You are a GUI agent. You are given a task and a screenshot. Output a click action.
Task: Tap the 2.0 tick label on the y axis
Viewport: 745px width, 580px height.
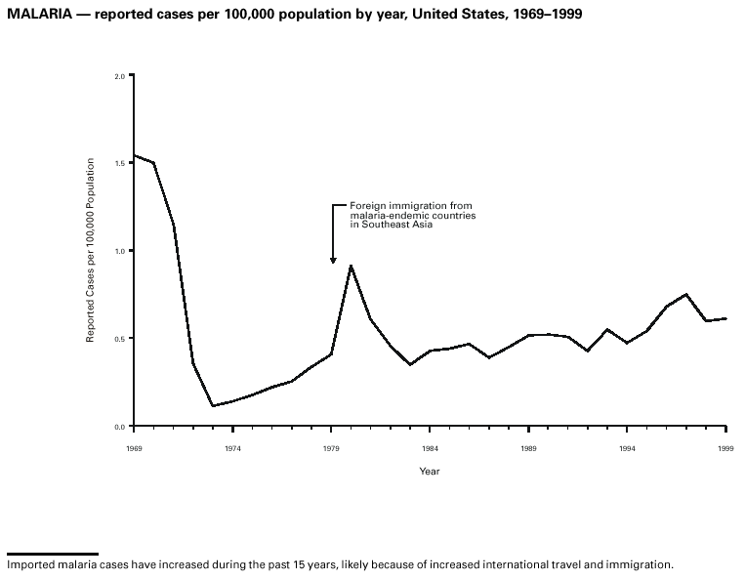pyautogui.click(x=119, y=75)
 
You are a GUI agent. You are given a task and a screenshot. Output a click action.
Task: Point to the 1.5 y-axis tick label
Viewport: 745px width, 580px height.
pyautogui.click(x=119, y=163)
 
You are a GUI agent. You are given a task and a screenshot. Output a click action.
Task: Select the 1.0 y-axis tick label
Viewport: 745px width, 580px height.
pyautogui.click(x=119, y=251)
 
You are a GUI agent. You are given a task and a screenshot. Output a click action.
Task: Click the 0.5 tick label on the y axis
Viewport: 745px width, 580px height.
pyautogui.click(x=119, y=339)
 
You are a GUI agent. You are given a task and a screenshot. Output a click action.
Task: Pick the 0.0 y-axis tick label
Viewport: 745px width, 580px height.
pyautogui.click(x=119, y=427)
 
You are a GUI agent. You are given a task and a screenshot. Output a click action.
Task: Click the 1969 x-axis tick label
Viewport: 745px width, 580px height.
pyautogui.click(x=134, y=447)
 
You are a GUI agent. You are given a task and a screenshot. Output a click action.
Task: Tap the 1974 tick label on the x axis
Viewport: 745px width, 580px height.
pyautogui.click(x=232, y=447)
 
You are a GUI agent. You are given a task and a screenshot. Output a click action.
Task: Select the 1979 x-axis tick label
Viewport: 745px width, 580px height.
pyautogui.click(x=331, y=447)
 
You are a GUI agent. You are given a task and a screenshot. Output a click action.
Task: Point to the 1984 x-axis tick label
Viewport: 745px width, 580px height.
pyautogui.click(x=430, y=447)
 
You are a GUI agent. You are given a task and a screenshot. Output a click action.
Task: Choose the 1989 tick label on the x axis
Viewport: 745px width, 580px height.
pyautogui.click(x=528, y=447)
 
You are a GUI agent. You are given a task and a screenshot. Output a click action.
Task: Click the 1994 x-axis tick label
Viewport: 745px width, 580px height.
pyautogui.click(x=627, y=447)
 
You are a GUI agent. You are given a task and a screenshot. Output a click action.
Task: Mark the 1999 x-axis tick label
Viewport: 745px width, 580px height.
pyautogui.click(x=725, y=447)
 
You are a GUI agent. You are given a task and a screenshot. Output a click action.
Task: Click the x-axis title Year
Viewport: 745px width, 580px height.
pyautogui.click(x=430, y=472)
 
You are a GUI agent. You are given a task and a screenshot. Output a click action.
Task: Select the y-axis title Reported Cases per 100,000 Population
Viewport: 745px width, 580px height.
pyautogui.click(x=91, y=250)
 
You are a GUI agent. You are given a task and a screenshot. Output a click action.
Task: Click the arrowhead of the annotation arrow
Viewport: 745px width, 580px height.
pyautogui.click(x=333, y=260)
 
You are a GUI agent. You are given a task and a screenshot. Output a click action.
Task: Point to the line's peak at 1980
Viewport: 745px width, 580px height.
pyautogui.click(x=351, y=266)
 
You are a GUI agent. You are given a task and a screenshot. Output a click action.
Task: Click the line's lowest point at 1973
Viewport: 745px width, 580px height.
pyautogui.click(x=213, y=405)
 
